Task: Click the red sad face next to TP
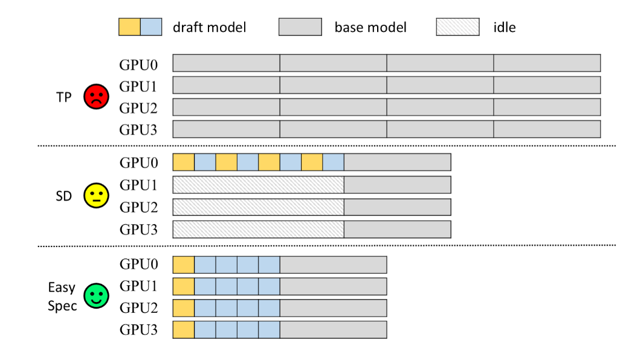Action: click(95, 97)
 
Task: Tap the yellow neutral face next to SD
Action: click(95, 195)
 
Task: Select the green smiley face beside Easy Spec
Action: click(95, 296)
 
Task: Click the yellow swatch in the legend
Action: click(129, 27)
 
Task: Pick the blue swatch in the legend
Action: click(151, 27)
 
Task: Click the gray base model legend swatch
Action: click(300, 27)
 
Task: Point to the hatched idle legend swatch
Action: click(457, 27)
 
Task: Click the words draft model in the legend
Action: click(209, 27)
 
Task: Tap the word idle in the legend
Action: click(504, 27)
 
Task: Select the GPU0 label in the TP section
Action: click(138, 63)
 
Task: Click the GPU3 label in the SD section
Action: click(138, 230)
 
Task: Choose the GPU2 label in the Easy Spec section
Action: click(138, 308)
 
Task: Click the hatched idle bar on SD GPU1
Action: click(258, 185)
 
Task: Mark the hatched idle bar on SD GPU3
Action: click(258, 230)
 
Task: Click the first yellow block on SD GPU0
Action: click(184, 162)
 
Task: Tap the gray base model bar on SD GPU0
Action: click(397, 162)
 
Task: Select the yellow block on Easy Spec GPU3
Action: click(184, 330)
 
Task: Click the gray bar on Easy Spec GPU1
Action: click(333, 286)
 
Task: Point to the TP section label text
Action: click(64, 97)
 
